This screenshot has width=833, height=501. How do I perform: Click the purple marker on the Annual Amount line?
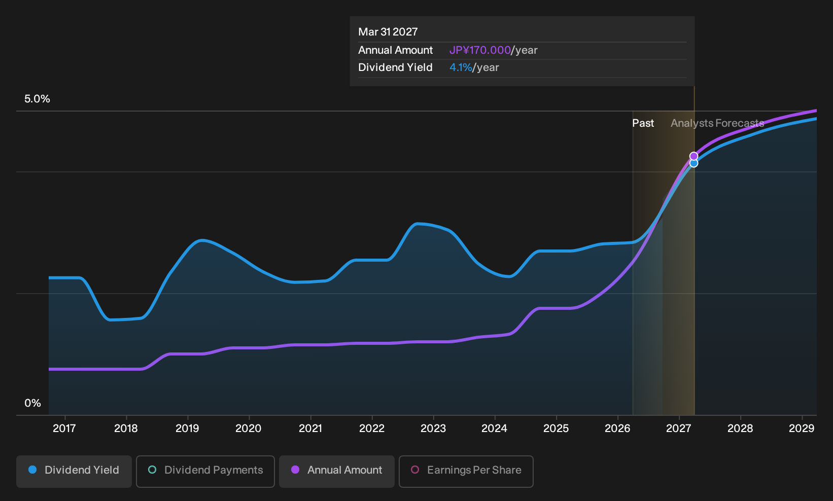(x=693, y=156)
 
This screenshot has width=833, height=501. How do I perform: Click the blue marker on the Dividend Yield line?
(x=693, y=163)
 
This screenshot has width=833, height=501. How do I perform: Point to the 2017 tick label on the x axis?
(x=64, y=428)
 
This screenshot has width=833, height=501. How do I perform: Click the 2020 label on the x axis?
(x=249, y=428)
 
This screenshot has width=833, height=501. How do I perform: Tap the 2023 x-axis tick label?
(x=433, y=428)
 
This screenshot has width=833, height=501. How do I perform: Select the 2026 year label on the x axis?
(x=617, y=428)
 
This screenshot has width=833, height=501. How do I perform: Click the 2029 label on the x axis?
(x=802, y=428)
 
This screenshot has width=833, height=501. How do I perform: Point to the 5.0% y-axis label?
(x=37, y=99)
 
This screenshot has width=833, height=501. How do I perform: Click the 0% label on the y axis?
(x=33, y=403)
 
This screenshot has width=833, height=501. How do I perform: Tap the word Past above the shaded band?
(x=643, y=123)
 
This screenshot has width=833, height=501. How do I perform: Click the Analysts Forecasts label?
(x=717, y=123)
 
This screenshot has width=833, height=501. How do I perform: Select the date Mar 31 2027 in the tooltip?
(x=388, y=32)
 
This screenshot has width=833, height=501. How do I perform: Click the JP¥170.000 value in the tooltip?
(x=480, y=50)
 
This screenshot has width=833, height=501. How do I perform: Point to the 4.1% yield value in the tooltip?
(x=461, y=67)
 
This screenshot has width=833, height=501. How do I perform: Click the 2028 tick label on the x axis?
(x=740, y=428)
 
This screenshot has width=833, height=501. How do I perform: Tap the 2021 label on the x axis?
(x=310, y=428)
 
